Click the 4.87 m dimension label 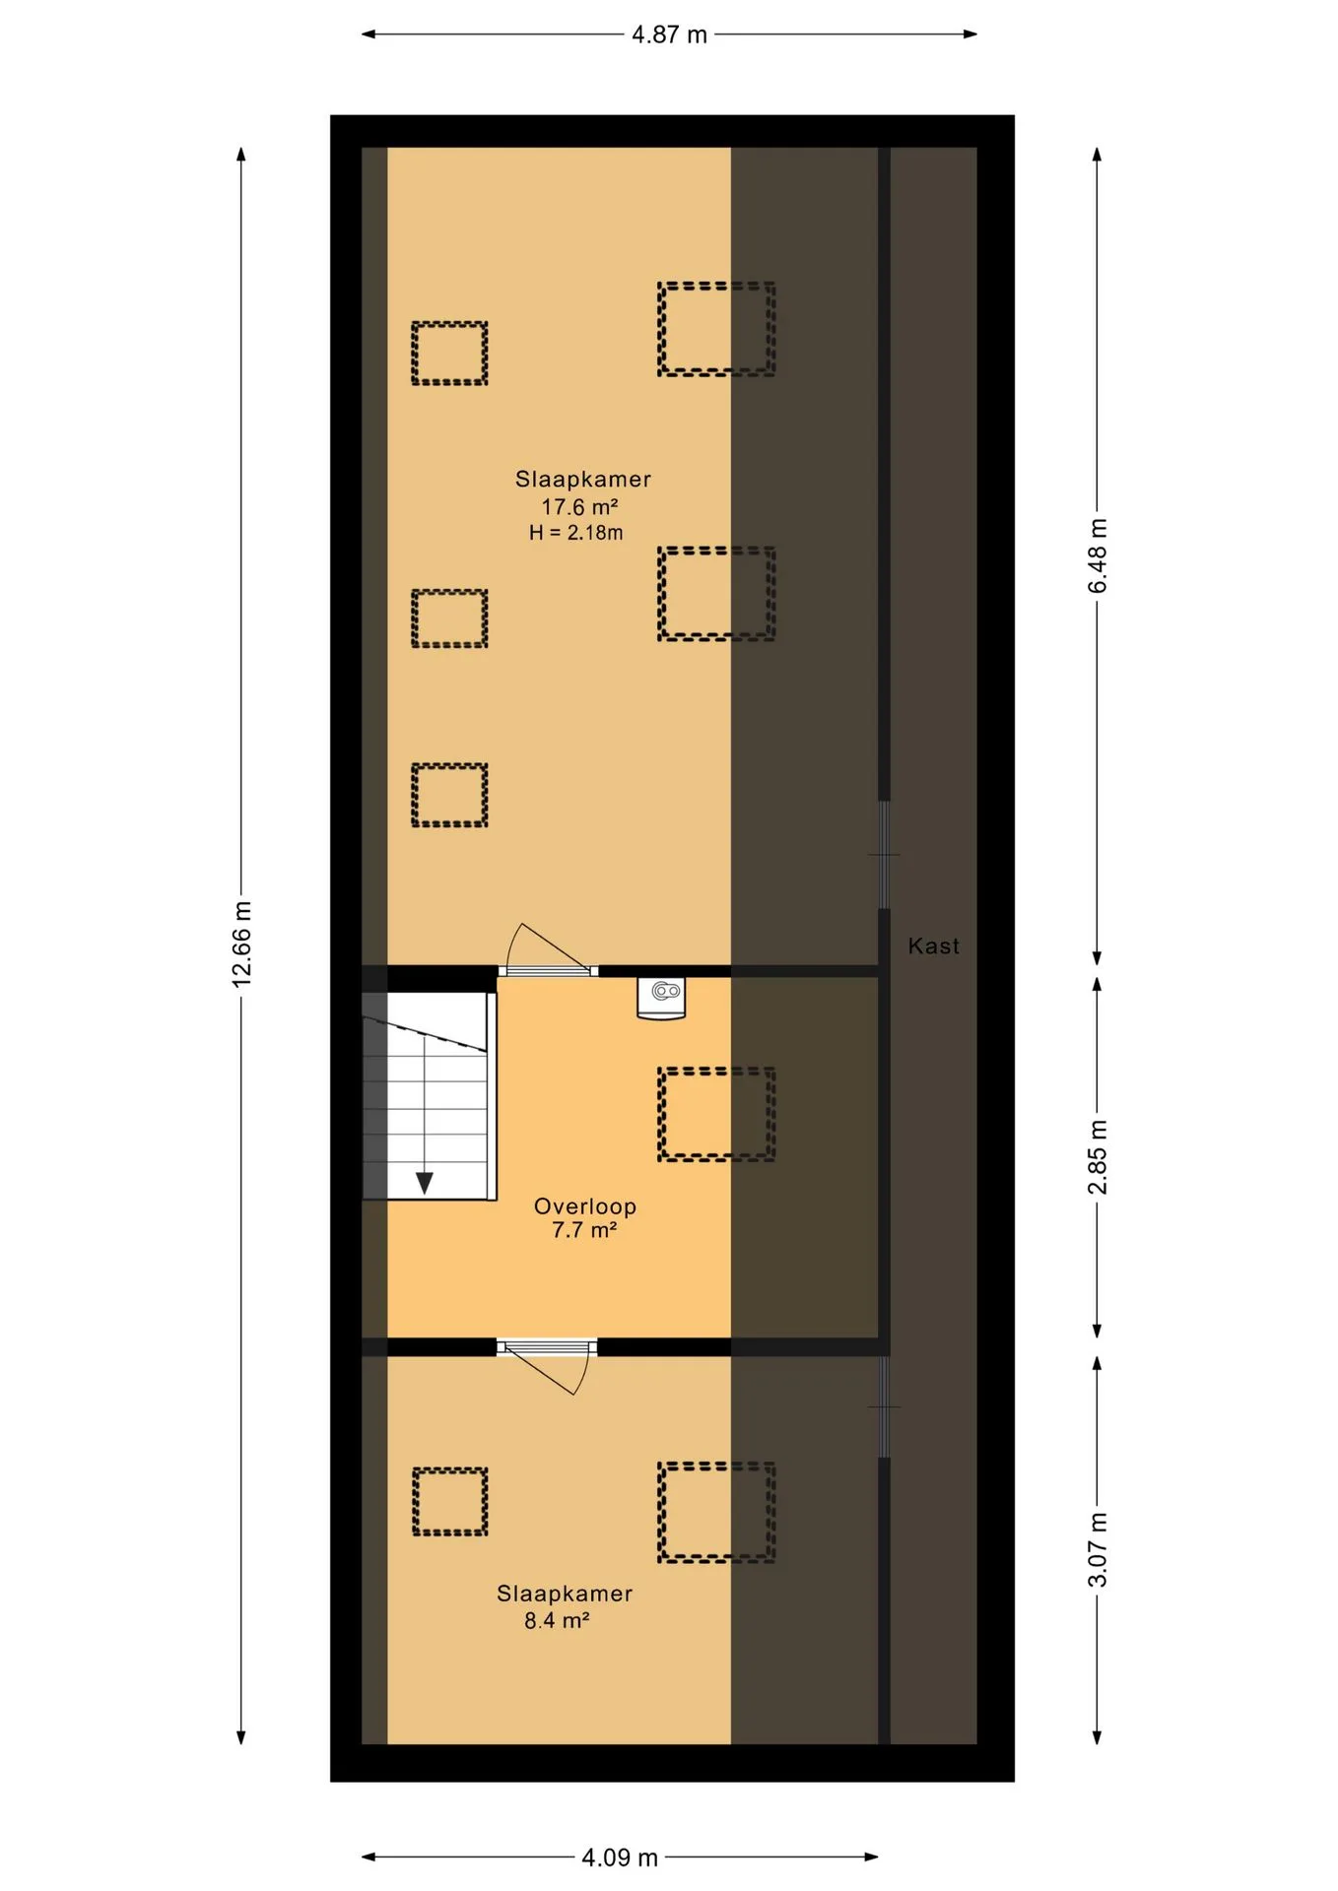click(x=669, y=34)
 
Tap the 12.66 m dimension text click(x=242, y=944)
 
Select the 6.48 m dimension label click(x=1098, y=555)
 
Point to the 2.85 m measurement click(x=1098, y=1157)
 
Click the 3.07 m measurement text click(x=1098, y=1550)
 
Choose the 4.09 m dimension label click(x=620, y=1858)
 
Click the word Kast click(x=933, y=945)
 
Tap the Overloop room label click(x=585, y=1206)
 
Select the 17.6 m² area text click(x=579, y=506)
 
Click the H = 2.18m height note click(x=576, y=533)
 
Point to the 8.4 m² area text click(x=557, y=1620)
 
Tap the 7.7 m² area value click(x=584, y=1230)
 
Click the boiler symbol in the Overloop click(x=661, y=998)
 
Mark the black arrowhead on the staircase click(x=425, y=1183)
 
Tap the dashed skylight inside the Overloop click(x=716, y=1114)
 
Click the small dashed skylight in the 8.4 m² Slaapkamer click(x=449, y=1501)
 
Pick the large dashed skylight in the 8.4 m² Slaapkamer click(x=716, y=1512)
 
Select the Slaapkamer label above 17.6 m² click(x=583, y=480)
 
